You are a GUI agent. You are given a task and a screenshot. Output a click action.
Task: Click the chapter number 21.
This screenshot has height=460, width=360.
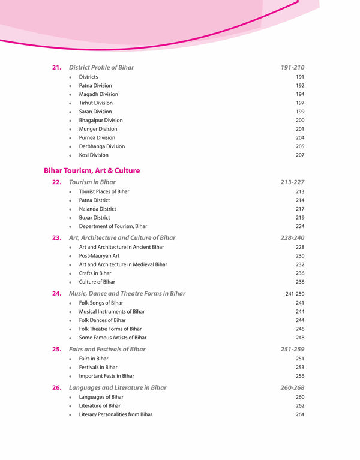coord(57,68)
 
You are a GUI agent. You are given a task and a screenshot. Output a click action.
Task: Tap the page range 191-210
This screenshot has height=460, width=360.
coord(292,68)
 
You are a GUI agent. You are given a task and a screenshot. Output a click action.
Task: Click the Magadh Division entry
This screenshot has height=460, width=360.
coord(98,94)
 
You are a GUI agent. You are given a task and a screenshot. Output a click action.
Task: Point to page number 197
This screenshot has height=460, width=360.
coord(300,103)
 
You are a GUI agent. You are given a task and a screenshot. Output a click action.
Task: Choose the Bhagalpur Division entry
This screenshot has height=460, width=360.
coord(101,121)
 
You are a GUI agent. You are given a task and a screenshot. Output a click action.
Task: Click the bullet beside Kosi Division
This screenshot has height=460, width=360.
coord(71,155)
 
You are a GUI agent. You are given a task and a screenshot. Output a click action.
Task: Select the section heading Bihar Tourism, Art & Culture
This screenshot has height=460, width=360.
coord(92,171)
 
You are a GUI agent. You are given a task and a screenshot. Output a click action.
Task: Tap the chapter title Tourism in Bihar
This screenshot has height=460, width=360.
coord(92,182)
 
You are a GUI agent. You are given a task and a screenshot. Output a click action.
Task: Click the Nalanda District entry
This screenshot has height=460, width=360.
coord(98,209)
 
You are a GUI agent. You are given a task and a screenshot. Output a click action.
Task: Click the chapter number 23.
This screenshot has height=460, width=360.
coord(57,238)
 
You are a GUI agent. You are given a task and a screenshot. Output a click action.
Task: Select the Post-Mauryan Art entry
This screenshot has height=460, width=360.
coord(100,256)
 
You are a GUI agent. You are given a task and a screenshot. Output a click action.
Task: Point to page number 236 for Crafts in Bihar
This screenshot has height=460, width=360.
coord(300,273)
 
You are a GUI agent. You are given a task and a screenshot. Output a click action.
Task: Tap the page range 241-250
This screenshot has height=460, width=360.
coord(295,294)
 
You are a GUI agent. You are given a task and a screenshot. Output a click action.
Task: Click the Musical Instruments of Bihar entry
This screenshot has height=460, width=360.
coord(112,312)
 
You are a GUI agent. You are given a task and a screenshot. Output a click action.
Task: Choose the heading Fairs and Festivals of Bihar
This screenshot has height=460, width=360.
coord(107,350)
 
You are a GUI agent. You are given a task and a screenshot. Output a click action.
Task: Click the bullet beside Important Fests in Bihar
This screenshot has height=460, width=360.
coord(71,377)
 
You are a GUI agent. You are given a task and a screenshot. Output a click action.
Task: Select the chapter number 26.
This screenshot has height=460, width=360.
coord(57,388)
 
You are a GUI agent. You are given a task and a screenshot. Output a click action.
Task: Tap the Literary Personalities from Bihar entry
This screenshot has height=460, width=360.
coord(116,414)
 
